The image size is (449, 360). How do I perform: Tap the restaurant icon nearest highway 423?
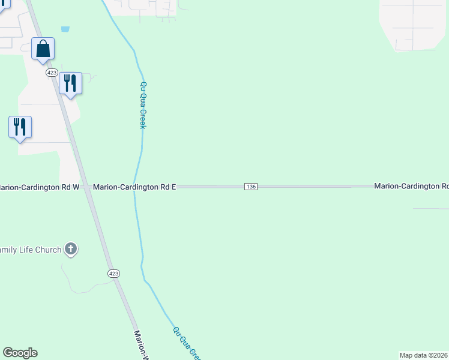[x=70, y=83]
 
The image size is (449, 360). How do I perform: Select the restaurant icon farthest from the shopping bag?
[x=20, y=127]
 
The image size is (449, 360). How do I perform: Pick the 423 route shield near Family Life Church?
[x=113, y=273]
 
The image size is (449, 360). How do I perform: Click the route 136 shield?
[x=251, y=187]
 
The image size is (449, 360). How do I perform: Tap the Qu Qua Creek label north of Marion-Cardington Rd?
[x=143, y=105]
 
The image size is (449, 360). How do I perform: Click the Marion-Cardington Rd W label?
[x=40, y=187]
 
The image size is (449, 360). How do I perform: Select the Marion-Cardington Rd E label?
[x=134, y=187]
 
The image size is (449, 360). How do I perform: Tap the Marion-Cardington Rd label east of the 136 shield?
[x=411, y=187]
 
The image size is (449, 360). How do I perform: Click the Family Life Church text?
[x=31, y=250]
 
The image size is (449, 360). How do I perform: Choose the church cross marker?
[x=71, y=248]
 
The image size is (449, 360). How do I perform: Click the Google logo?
[x=20, y=353]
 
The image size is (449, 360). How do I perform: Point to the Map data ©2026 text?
[x=424, y=355]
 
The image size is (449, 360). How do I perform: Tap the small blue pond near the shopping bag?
[x=65, y=29]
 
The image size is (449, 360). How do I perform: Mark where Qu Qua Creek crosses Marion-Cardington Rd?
[x=136, y=187]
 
